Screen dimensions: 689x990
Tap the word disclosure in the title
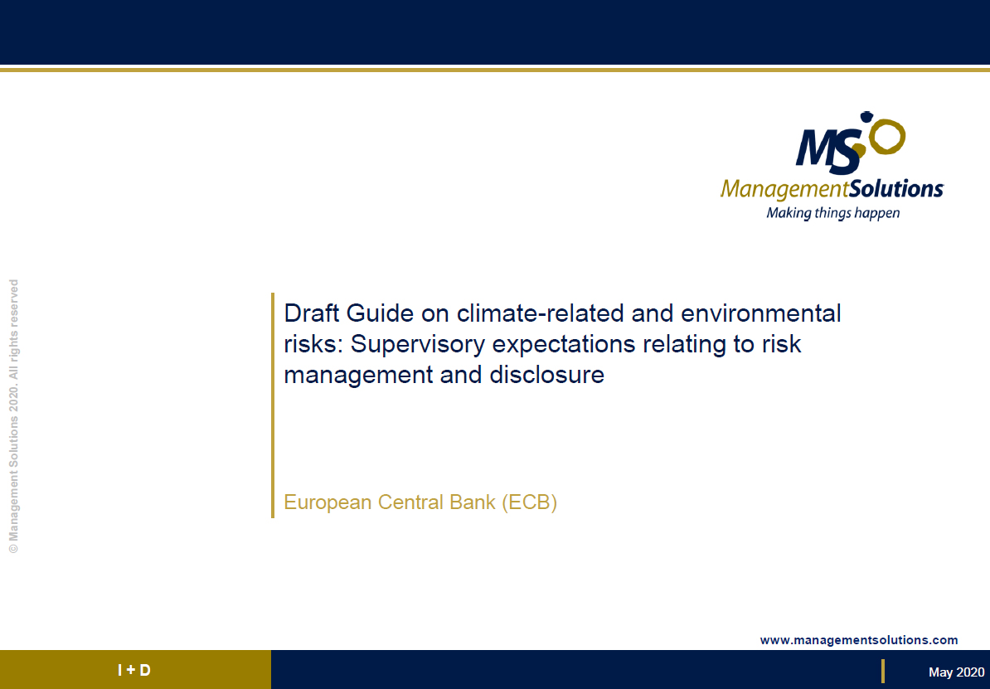[x=546, y=375]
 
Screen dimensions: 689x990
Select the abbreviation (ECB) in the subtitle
[x=529, y=502]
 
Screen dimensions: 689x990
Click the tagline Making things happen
[x=832, y=213]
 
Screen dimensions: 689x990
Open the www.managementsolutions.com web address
[x=859, y=640]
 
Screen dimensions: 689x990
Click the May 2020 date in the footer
[x=956, y=672]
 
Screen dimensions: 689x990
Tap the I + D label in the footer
[x=134, y=670]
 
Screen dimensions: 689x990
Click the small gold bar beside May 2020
[x=883, y=671]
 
